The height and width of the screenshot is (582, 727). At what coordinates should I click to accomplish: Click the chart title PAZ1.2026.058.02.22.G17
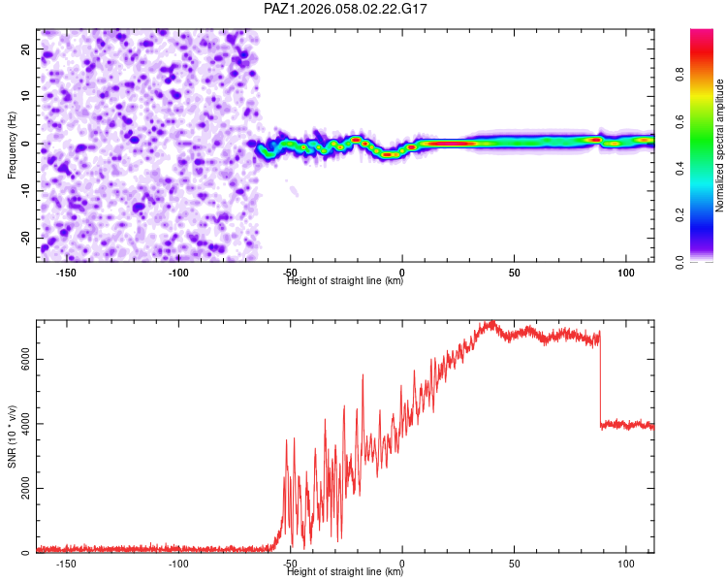(346, 9)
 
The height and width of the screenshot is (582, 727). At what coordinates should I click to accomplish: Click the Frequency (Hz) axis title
(12, 145)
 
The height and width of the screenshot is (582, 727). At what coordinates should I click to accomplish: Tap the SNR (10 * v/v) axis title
(12, 436)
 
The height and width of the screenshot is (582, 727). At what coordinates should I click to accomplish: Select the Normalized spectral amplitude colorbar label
(720, 145)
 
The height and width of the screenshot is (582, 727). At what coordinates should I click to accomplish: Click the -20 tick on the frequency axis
(24, 238)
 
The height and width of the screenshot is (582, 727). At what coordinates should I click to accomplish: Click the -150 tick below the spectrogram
(66, 273)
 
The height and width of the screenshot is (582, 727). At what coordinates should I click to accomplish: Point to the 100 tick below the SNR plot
(626, 564)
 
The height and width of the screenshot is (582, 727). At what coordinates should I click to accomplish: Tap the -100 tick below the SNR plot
(178, 564)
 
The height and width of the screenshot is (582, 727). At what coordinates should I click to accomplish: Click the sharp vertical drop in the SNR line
(600, 378)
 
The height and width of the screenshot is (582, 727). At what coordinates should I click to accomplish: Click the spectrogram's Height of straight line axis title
(345, 281)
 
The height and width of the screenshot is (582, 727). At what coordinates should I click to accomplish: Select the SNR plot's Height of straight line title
(345, 572)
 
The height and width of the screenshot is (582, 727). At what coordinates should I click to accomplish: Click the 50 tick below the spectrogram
(515, 273)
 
